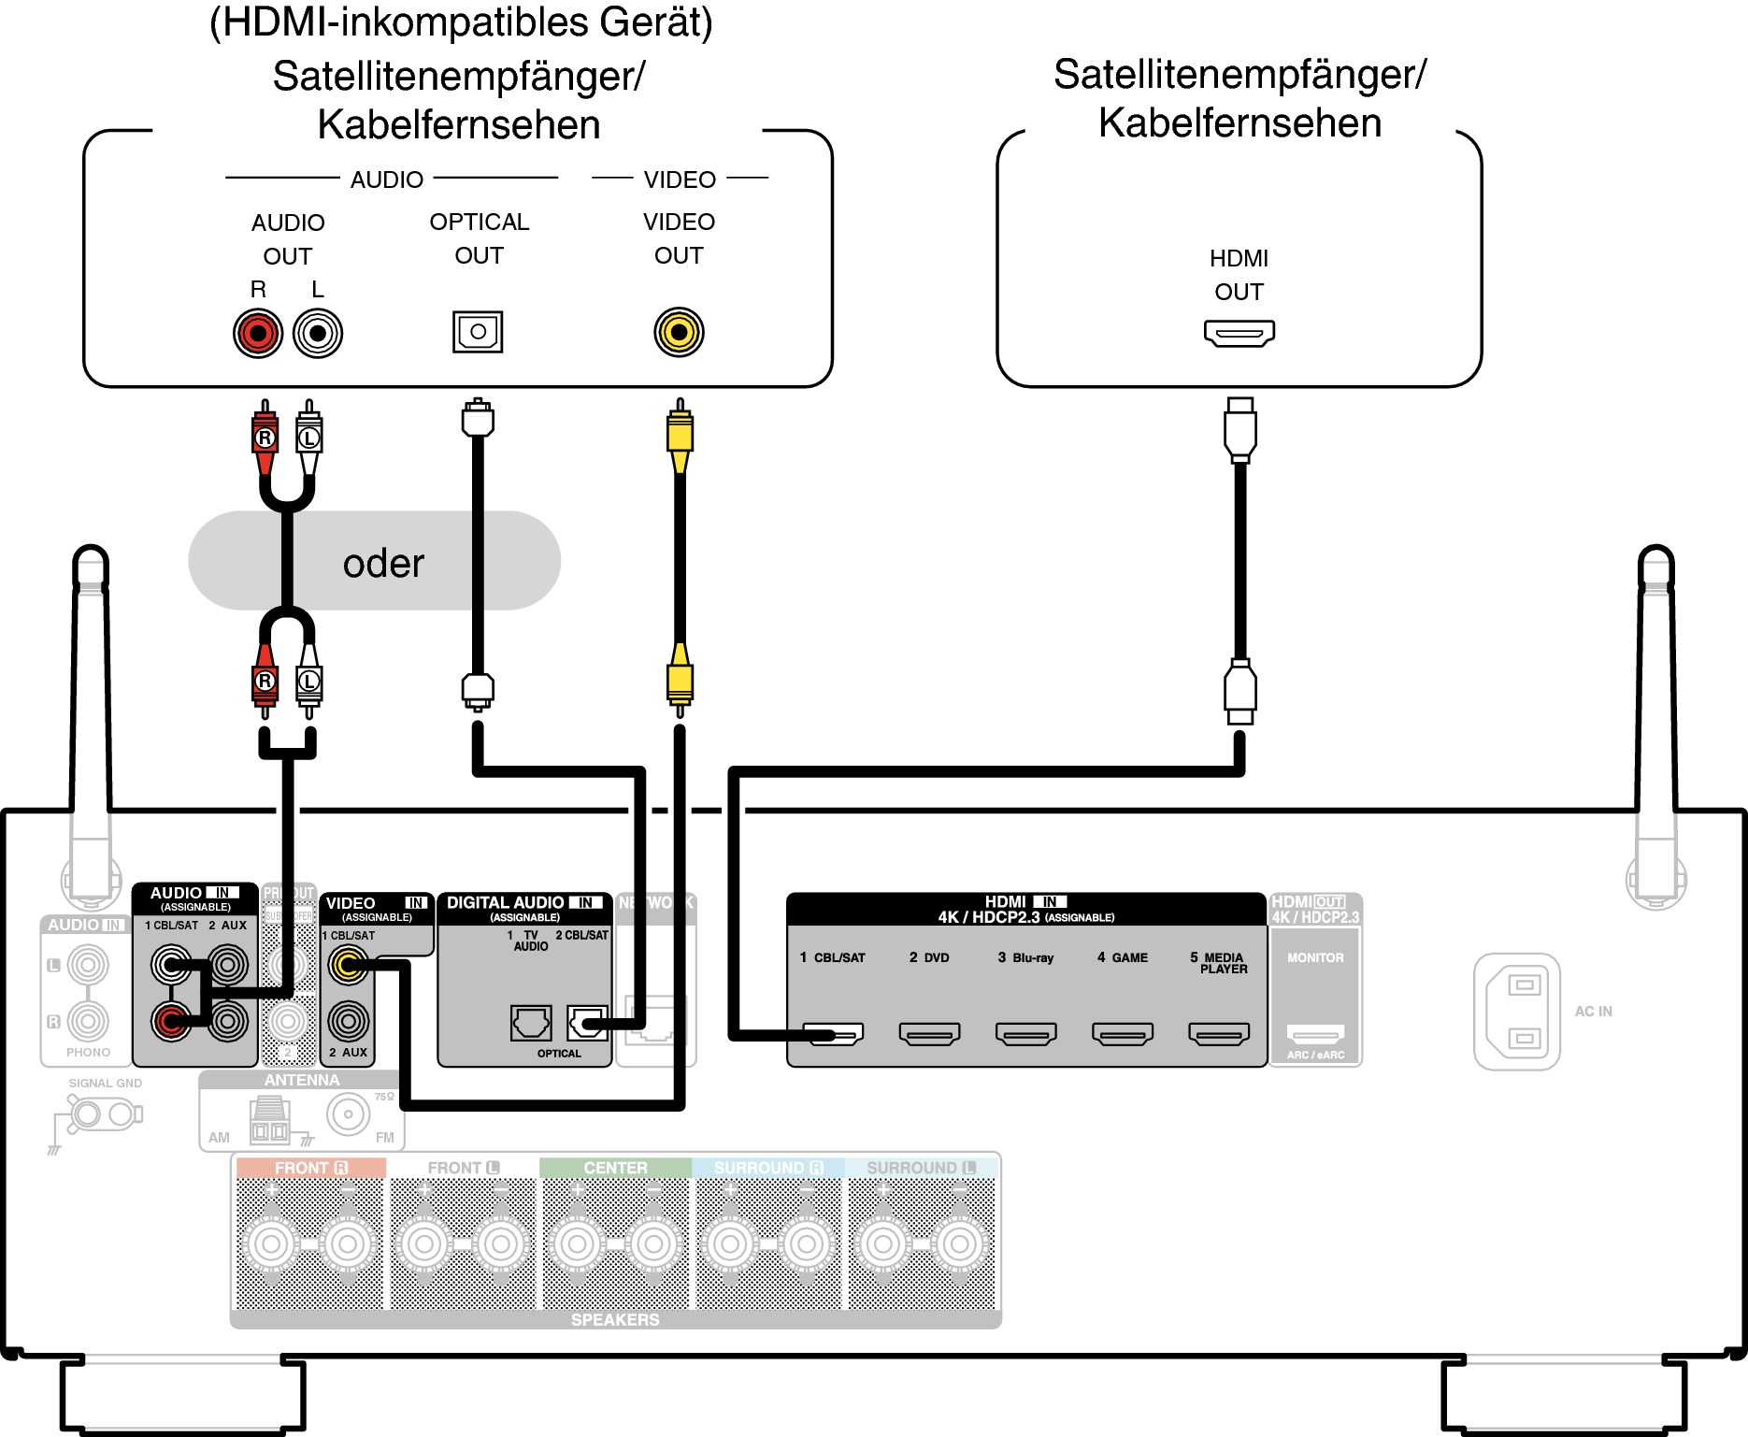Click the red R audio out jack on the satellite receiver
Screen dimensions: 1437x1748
(x=258, y=333)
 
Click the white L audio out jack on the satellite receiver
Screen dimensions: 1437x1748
(x=318, y=333)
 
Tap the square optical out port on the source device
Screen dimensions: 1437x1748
(x=478, y=331)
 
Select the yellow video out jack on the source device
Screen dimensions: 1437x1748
(x=679, y=332)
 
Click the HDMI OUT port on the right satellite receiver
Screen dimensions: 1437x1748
(x=1239, y=333)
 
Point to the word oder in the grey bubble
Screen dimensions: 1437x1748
(x=383, y=564)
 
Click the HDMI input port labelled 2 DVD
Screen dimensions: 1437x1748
(x=929, y=1033)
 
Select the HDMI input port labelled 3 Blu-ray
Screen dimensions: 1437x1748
(x=1025, y=1033)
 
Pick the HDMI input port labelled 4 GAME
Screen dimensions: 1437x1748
(x=1122, y=1033)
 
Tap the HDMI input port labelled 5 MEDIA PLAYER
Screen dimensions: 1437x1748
(x=1219, y=1033)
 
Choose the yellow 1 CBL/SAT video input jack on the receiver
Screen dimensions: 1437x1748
(x=349, y=966)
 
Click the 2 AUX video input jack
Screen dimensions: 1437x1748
(x=349, y=1021)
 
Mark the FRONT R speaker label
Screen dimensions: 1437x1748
(x=310, y=1168)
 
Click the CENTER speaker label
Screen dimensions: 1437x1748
(x=615, y=1168)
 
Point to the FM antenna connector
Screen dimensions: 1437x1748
(x=349, y=1114)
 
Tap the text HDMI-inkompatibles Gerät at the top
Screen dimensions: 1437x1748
(x=461, y=22)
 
